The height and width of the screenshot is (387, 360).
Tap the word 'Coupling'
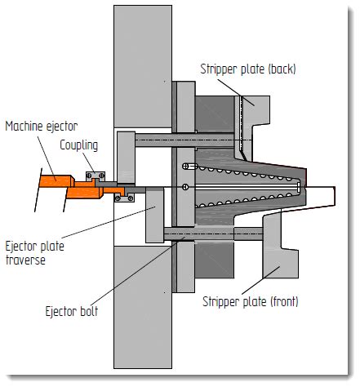(x=79, y=146)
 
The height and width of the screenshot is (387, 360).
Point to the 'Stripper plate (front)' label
(x=251, y=301)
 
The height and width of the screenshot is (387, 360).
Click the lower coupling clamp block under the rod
(x=125, y=196)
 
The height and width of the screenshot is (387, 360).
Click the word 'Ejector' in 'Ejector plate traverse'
(x=22, y=246)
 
